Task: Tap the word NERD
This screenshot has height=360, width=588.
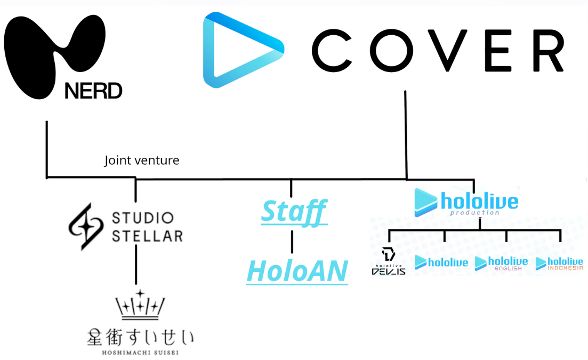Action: (93, 91)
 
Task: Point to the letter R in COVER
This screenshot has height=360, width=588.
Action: (548, 51)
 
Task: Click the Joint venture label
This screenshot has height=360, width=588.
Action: (142, 161)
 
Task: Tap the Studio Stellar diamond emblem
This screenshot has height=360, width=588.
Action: (86, 227)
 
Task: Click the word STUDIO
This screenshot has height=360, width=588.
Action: (143, 218)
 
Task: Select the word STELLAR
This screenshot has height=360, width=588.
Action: (147, 236)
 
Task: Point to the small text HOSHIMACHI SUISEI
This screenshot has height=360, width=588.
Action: (140, 353)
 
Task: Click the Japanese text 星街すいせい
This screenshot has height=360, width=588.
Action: (141, 337)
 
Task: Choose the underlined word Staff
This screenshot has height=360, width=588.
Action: (294, 212)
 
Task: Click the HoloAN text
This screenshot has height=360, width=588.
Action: (297, 271)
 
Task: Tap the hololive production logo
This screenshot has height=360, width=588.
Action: (466, 203)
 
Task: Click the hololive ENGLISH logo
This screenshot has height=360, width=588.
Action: (502, 263)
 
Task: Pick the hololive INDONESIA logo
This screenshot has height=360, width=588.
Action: (559, 263)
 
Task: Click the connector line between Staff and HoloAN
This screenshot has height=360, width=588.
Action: (292, 242)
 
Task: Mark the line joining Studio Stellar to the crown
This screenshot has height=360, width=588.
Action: (136, 265)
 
